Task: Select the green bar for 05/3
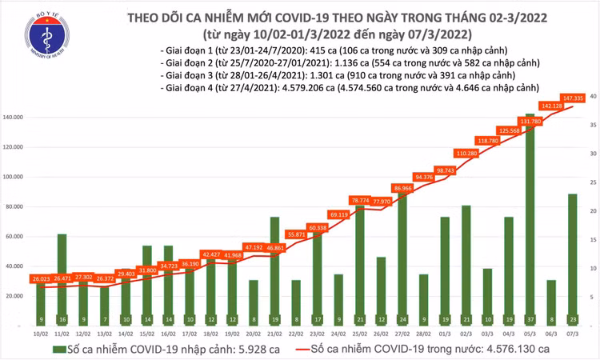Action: pos(530,216)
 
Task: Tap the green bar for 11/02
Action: pos(62,276)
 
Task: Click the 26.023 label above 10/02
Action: pos(40,278)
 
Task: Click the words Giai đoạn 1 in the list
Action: pos(185,50)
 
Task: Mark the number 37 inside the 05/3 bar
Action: pos(530,318)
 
